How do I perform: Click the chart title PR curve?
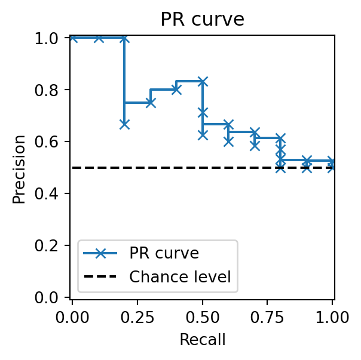click(x=202, y=20)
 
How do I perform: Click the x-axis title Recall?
click(x=202, y=340)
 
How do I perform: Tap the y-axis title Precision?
click(x=20, y=169)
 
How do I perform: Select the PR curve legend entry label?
click(x=164, y=253)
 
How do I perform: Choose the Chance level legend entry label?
click(x=180, y=276)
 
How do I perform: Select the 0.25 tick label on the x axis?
click(x=137, y=316)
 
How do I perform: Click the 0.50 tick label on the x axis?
click(x=203, y=316)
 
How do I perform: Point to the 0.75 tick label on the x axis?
click(x=268, y=316)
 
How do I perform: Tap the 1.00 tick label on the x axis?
click(x=332, y=316)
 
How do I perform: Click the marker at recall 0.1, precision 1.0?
click(x=99, y=38)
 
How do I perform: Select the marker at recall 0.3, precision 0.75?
click(x=151, y=103)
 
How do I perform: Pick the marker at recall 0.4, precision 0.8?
click(x=176, y=90)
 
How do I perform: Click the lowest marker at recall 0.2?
click(x=124, y=124)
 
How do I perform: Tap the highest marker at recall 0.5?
click(x=203, y=81)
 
